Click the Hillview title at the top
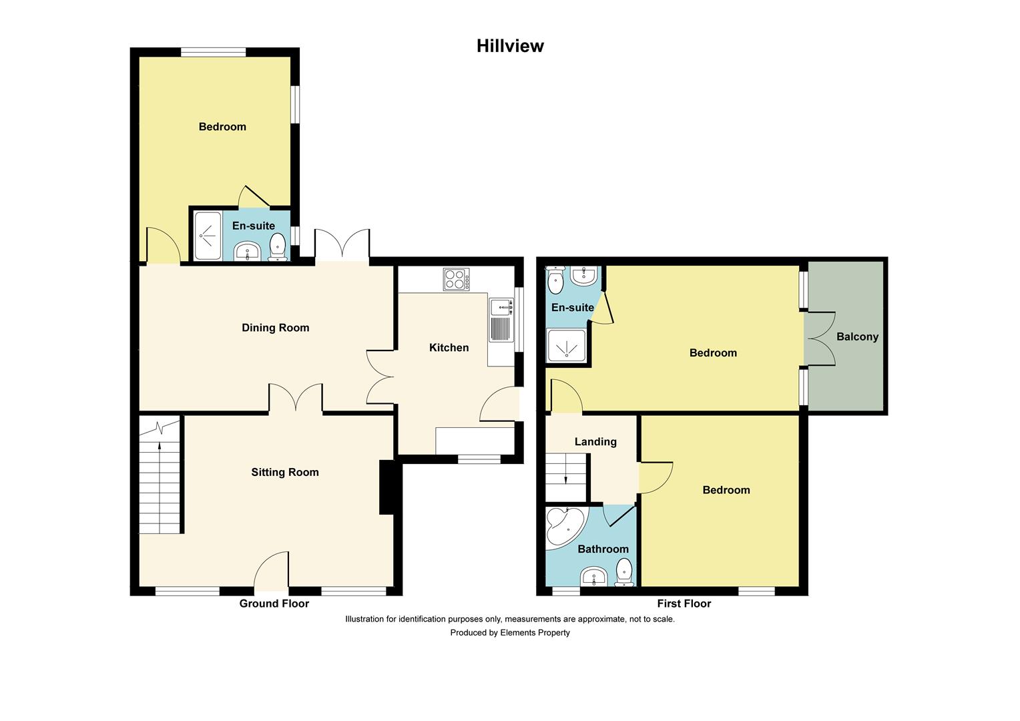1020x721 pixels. tap(510, 46)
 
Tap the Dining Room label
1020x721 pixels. tap(276, 328)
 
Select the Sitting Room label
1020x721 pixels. tap(285, 472)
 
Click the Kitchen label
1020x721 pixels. tap(449, 348)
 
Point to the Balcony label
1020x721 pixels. tap(857, 336)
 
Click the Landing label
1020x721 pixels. tap(595, 442)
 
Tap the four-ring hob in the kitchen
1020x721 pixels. tap(457, 279)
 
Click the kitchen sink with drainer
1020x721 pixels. tap(501, 320)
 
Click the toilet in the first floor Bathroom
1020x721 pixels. tap(624, 573)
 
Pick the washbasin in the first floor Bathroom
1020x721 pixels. tap(594, 577)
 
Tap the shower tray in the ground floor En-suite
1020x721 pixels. tap(208, 236)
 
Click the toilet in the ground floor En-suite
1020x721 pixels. tap(277, 247)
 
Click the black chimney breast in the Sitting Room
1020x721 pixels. tap(387, 488)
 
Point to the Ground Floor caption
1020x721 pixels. tap(274, 604)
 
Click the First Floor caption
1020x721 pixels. tap(684, 604)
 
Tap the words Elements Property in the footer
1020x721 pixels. tap(535, 633)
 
